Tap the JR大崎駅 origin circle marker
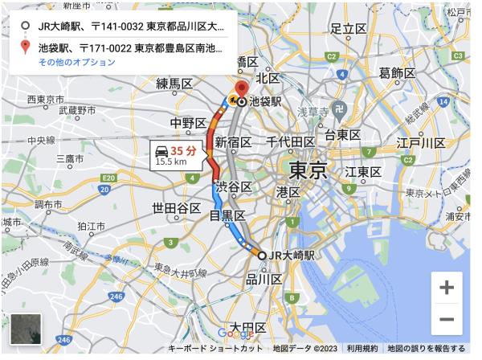point(262,255)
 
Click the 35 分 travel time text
point(184,149)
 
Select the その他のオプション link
point(76,62)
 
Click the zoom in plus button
point(447,287)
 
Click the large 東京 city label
point(307,170)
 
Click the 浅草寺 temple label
point(315,111)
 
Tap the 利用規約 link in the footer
point(362,349)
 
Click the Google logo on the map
point(235,333)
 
